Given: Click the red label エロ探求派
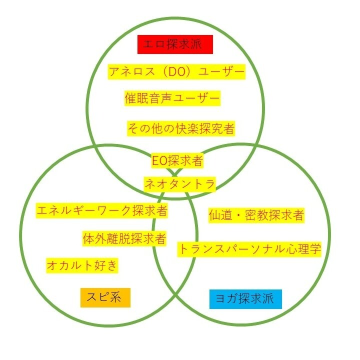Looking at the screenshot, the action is [x=175, y=44].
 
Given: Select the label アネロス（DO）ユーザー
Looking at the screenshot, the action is [x=177, y=72].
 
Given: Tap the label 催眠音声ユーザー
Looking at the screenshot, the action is [x=172, y=98].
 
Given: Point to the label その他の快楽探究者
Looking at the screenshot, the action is [x=180, y=128].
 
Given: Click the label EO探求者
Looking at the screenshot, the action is [x=177, y=160].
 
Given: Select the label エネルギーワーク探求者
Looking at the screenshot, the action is [x=102, y=210].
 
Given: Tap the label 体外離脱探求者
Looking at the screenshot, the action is [x=124, y=239].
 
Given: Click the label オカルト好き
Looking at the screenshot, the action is [x=82, y=265].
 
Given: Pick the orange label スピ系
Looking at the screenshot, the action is [x=105, y=298].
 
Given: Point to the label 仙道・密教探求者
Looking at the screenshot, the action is [x=256, y=215].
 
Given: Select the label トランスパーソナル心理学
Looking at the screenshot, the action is [x=249, y=248].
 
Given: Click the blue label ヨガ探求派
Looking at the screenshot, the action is [x=245, y=299].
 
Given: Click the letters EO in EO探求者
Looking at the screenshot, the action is [x=159, y=160].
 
